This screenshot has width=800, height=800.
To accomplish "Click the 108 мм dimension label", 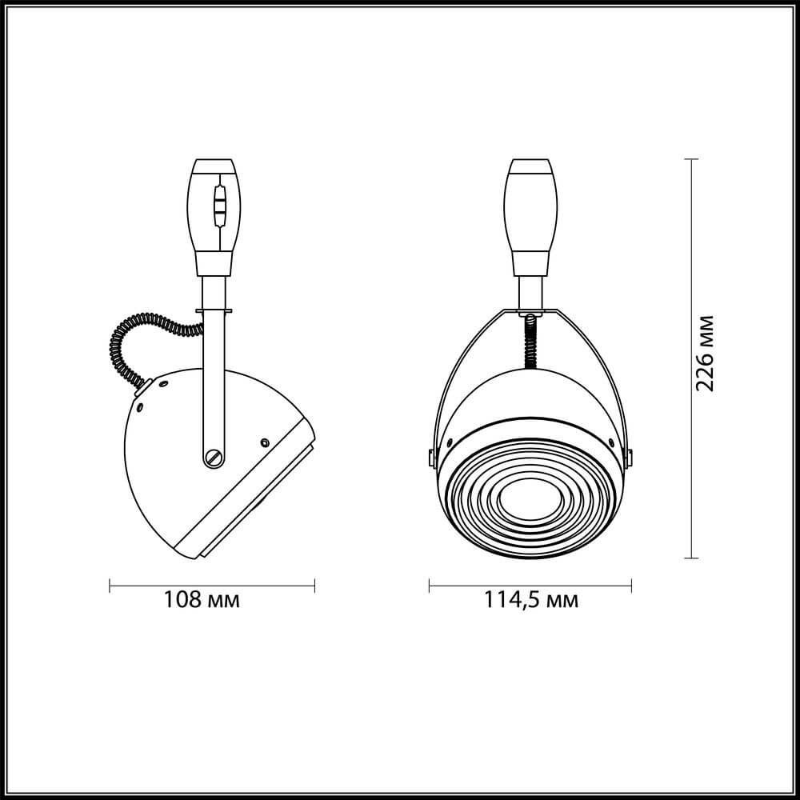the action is pyautogui.click(x=201, y=600).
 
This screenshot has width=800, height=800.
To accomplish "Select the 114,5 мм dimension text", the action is pyautogui.click(x=530, y=601).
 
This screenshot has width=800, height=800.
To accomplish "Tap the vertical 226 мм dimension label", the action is pyautogui.click(x=705, y=354).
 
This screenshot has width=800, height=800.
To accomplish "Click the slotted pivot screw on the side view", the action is pyautogui.click(x=214, y=457).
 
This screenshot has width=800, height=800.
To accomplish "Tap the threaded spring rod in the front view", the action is pyautogui.click(x=531, y=342).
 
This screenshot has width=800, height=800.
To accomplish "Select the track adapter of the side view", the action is pyautogui.click(x=214, y=218).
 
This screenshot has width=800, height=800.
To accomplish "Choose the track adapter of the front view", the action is pyautogui.click(x=530, y=218).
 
